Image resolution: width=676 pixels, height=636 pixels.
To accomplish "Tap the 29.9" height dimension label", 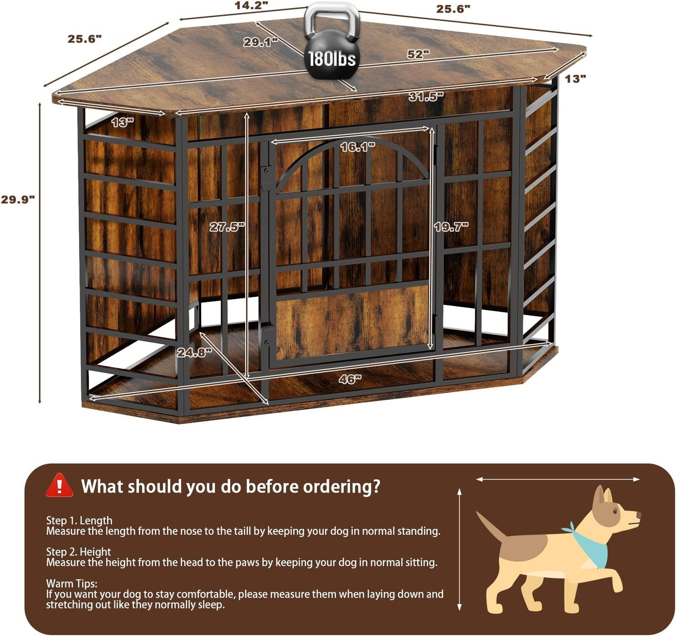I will tap(18, 200).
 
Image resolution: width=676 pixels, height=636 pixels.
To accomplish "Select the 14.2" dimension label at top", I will tap(251, 6).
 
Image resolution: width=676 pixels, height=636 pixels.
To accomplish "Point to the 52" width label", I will tap(418, 54).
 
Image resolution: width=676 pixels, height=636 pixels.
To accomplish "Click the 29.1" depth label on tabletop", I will tap(260, 42).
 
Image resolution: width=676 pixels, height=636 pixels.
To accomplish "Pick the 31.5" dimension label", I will tap(426, 97).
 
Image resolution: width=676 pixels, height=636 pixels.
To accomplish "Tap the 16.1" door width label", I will tap(357, 147).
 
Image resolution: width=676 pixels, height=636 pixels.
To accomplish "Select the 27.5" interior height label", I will tap(227, 227).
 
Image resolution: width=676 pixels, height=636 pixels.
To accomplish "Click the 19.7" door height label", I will tap(451, 227).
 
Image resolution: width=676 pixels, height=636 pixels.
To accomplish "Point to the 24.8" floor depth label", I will tap(194, 353).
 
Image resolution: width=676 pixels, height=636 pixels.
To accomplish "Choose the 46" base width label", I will tap(350, 379).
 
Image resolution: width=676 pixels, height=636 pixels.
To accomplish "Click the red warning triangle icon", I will tap(59, 486).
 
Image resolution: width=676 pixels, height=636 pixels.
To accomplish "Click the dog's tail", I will tap(491, 526).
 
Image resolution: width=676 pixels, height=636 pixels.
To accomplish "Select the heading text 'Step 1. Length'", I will tap(79, 520).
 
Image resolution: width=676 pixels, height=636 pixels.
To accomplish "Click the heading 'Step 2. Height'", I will tap(78, 552).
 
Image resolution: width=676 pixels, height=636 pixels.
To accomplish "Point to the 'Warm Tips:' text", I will tap(72, 583).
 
